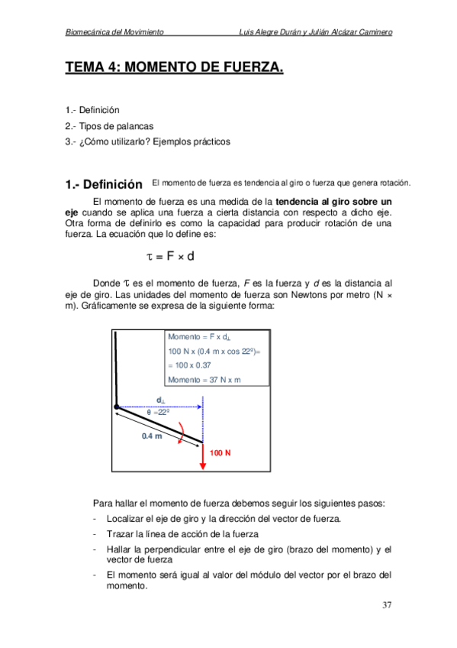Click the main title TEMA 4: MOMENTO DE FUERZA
click(174, 69)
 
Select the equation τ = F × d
click(170, 255)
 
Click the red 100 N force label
click(220, 453)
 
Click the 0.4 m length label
click(152, 436)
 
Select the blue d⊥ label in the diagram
click(161, 400)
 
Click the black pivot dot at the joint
click(117, 407)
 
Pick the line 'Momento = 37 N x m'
click(204, 380)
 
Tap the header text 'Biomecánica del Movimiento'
click(115, 32)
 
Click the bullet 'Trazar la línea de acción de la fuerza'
click(182, 534)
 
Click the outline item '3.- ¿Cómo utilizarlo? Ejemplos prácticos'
click(147, 141)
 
